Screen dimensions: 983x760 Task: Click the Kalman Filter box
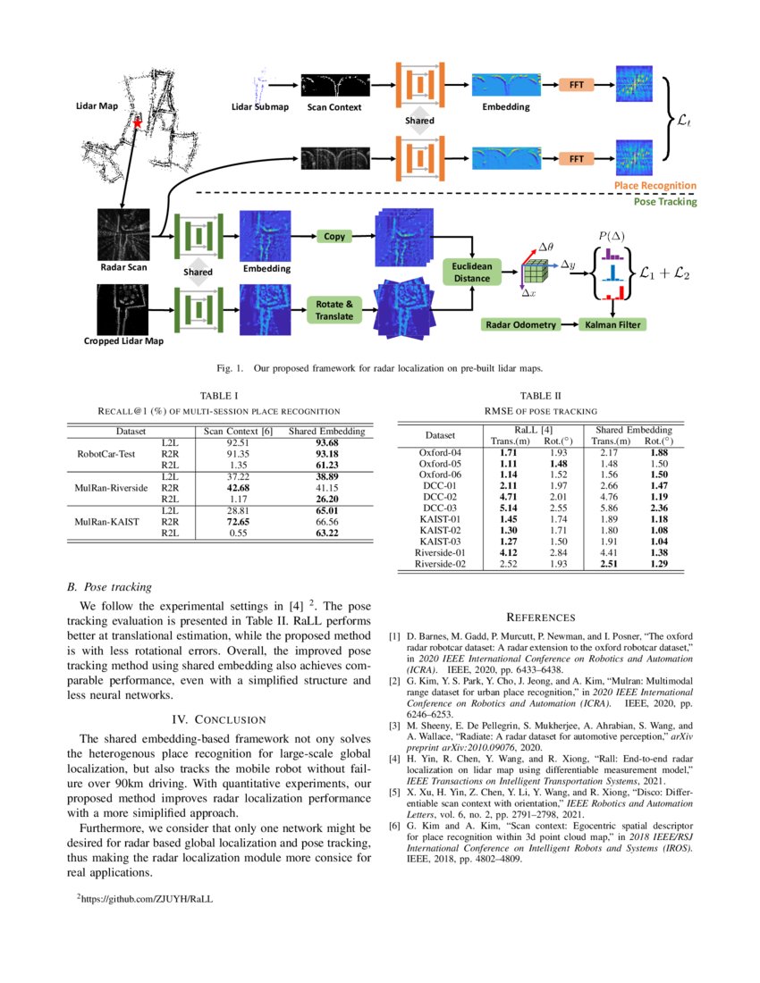pyautogui.click(x=612, y=324)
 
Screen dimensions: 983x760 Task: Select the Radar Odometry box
pyautogui.click(x=520, y=324)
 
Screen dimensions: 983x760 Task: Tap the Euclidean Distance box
pyautogui.click(x=471, y=271)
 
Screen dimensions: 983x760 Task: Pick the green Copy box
pyautogui.click(x=334, y=236)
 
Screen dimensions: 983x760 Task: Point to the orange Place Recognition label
pyautogui.click(x=654, y=186)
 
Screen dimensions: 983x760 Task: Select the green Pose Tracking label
pyautogui.click(x=664, y=202)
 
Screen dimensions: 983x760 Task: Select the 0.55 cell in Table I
pyautogui.click(x=237, y=533)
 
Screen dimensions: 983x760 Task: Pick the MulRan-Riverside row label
pyautogui.click(x=111, y=488)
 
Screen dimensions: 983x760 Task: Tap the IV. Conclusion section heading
pyautogui.click(x=218, y=719)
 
